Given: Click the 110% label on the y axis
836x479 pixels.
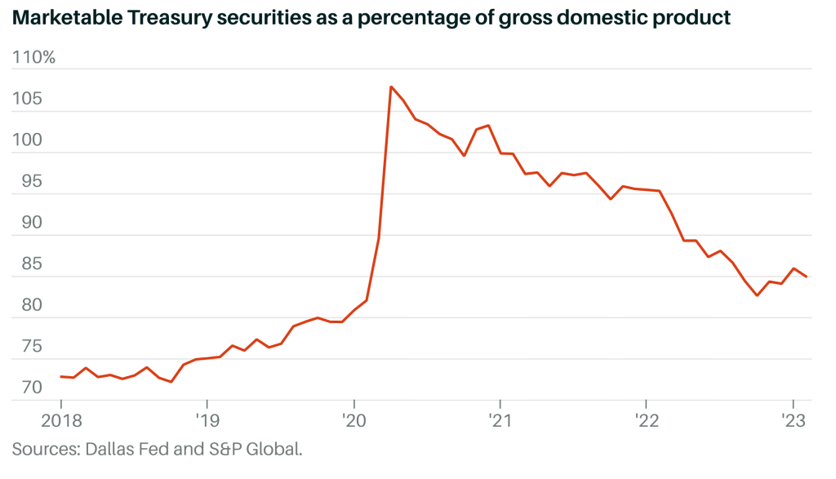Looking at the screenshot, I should [33, 59].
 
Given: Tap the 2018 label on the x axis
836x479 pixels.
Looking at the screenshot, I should [60, 421].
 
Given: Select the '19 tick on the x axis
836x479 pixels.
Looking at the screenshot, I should [207, 421].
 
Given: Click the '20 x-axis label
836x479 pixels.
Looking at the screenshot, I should [353, 421].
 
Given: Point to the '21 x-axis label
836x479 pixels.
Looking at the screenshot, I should [499, 421].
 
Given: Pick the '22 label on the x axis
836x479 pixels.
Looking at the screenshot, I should [646, 421].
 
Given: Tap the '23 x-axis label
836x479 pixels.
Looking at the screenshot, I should [792, 421].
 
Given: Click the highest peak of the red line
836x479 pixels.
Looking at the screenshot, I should [391, 86].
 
